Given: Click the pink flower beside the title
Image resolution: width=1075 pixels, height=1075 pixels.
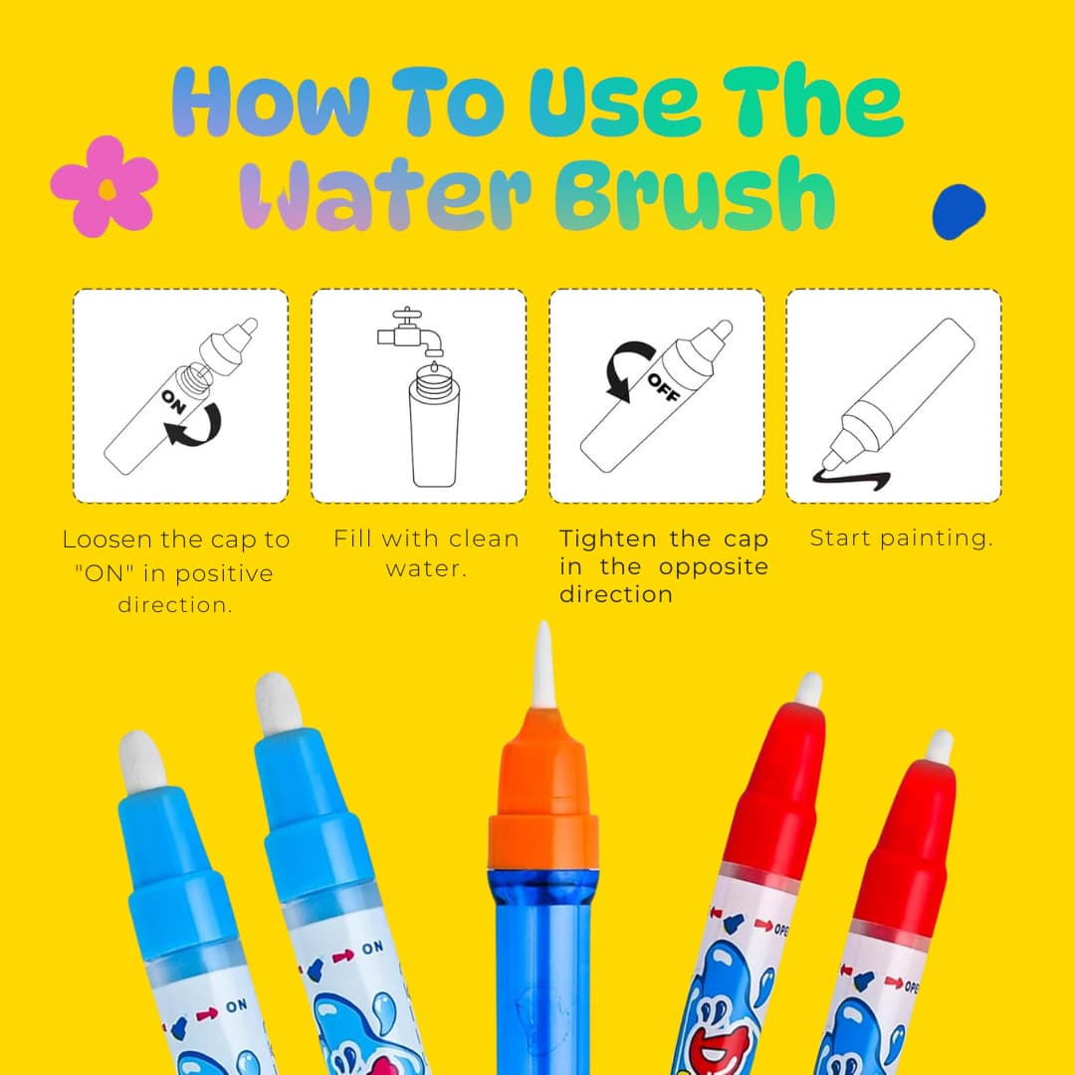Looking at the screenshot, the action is click(105, 186).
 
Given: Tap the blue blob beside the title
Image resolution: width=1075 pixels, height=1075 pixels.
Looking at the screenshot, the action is click(959, 212).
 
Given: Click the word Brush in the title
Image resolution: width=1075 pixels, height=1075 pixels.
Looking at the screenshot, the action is click(695, 194).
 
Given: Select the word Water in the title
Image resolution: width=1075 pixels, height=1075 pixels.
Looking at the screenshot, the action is click(384, 195).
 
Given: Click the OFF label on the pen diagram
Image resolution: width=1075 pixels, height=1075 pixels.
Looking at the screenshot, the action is click(663, 387).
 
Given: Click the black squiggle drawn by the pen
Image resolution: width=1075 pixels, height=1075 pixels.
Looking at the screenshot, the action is click(851, 479).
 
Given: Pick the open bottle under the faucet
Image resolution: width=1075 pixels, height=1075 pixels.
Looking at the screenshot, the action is click(434, 424).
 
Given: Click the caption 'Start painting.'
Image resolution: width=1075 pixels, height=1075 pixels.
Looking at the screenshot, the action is click(901, 538).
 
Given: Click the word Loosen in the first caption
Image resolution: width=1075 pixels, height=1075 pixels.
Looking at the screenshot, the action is click(107, 539).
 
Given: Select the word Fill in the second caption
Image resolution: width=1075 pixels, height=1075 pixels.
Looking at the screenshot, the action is click(351, 538).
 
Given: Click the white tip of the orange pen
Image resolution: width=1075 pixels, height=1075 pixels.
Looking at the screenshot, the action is click(543, 664).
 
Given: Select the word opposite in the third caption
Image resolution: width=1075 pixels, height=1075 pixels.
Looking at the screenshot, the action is click(713, 568).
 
